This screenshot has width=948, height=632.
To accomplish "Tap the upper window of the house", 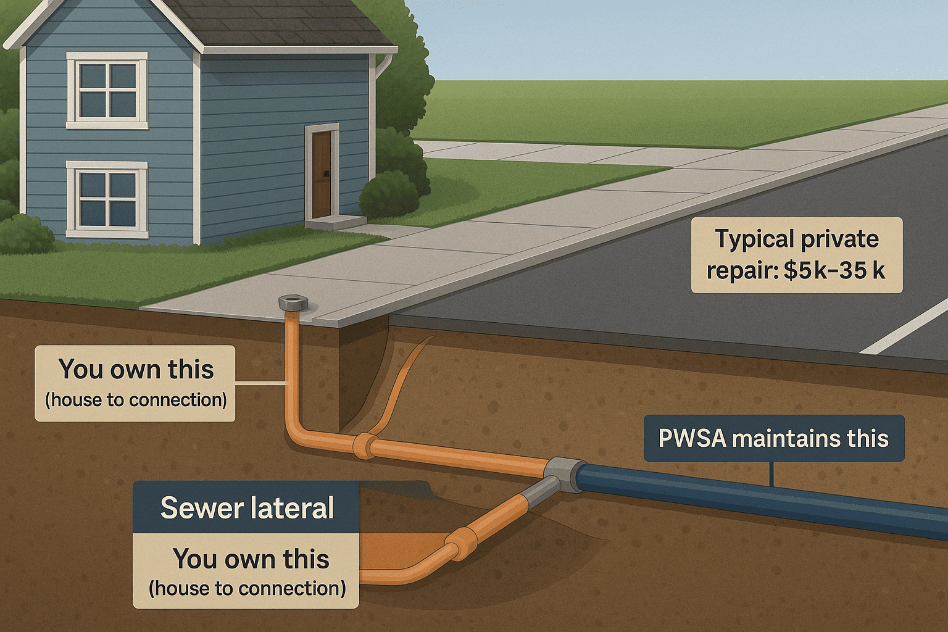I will pos(107,91).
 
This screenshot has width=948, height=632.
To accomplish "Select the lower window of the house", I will pos(107,200).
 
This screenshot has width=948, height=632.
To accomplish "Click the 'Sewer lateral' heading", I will pos(247,507).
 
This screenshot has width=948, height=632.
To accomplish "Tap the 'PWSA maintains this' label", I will pos(773,438).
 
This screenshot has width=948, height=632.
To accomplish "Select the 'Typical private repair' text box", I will pos(796,255).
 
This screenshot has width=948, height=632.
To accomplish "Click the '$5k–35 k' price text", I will pos(834,270).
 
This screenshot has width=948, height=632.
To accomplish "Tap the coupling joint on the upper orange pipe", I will pos(365,446).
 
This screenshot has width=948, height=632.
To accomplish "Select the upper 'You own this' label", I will pos(135,383).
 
